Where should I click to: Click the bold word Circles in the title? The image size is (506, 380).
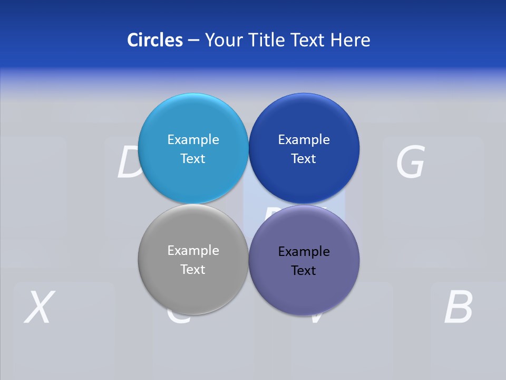(x=154, y=40)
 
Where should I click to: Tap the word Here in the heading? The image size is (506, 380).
(x=351, y=40)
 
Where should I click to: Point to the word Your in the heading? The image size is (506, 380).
(x=222, y=40)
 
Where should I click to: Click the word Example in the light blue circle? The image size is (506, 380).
(x=193, y=140)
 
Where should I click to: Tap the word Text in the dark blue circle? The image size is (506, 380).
(x=304, y=159)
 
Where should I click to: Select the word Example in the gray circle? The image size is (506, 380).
(x=193, y=251)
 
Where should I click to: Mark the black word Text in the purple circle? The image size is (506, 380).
(x=304, y=271)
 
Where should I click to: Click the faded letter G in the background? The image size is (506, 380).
(x=410, y=162)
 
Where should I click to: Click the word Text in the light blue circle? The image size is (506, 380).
(x=193, y=159)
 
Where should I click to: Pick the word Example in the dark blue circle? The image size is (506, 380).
(x=304, y=140)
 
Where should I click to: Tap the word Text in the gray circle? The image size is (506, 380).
(x=193, y=270)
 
